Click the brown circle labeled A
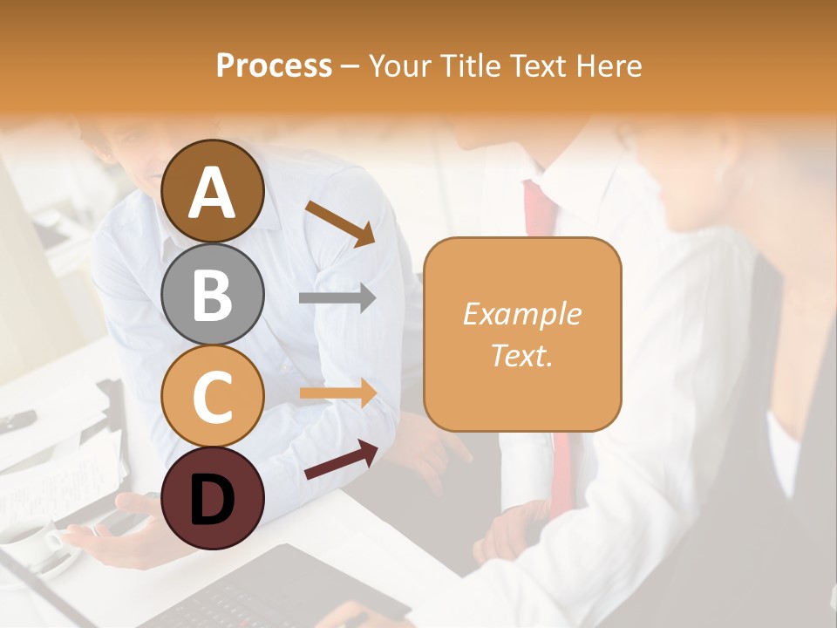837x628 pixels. point(213,191)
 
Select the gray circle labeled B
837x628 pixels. point(213,294)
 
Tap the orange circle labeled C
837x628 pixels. point(213,396)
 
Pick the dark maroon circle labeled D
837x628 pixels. point(213,498)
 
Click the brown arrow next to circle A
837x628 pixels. point(340,223)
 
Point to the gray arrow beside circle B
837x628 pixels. point(337,298)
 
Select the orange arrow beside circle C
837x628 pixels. point(337,393)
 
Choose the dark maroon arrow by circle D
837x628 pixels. point(341,460)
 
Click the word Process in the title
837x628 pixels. point(274,65)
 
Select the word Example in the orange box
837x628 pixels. point(521,314)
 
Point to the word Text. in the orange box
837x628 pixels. point(521,355)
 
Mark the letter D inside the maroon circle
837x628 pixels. point(213,500)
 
